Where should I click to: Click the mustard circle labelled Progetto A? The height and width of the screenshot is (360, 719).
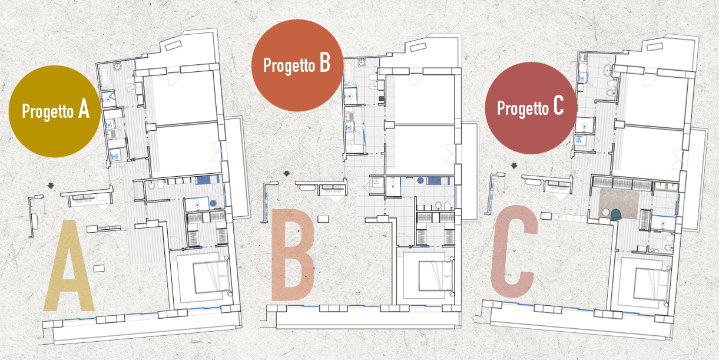point(55,111)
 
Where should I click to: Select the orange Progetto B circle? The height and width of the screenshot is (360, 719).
point(297,65)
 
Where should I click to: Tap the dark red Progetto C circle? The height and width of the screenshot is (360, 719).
point(531,108)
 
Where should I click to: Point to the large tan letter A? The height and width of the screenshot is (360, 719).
point(69,266)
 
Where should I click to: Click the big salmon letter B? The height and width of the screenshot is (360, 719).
point(293,255)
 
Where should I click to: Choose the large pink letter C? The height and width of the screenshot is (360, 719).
point(514,251)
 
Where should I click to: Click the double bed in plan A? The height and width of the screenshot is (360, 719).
point(211,277)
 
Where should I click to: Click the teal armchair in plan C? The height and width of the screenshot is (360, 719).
point(615,214)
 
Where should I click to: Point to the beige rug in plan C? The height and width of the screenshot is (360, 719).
point(619,203)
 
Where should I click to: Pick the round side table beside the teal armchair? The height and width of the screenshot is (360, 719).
point(606,212)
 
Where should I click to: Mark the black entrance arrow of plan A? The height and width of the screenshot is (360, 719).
point(51,186)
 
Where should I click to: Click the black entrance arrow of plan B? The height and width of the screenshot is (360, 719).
point(287,174)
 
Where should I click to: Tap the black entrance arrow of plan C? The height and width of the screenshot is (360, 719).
point(514,166)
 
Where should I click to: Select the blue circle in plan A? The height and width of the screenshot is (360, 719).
point(213,203)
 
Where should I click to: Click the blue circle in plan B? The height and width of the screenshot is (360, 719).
point(420,180)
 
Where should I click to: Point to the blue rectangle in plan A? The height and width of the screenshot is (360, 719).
point(206,180)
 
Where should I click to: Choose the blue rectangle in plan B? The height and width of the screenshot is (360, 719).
point(435,181)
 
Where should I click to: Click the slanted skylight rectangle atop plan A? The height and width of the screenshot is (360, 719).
point(174,46)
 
